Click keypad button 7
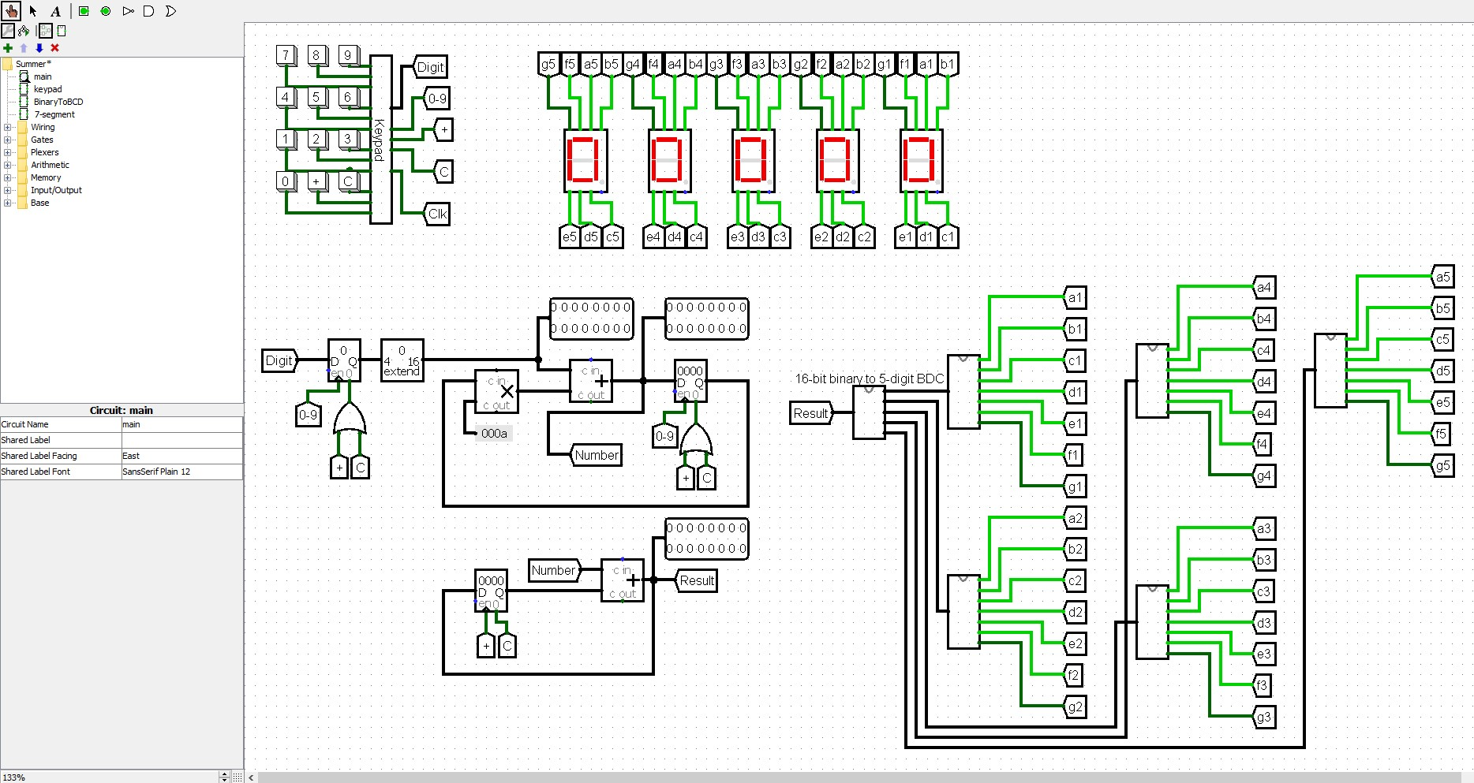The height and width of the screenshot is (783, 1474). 286,55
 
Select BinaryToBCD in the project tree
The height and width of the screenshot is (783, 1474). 58,102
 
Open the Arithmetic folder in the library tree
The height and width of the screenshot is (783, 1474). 50,165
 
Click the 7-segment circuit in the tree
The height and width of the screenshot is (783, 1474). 54,114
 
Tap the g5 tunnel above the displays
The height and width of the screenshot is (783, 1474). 548,64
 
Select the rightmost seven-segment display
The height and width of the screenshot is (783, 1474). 921,161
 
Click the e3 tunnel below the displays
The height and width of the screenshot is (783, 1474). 737,237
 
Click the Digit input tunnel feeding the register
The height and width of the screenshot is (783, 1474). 279,360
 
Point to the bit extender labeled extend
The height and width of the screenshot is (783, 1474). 402,361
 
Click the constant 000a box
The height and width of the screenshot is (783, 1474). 494,433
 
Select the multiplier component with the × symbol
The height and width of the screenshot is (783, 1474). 496,391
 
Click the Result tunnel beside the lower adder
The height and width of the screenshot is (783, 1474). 697,580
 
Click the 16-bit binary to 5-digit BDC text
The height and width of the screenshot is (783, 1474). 869,378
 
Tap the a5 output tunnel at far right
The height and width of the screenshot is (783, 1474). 1442,277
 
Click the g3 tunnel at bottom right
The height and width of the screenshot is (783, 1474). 1264,718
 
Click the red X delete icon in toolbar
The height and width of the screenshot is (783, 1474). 54,48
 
